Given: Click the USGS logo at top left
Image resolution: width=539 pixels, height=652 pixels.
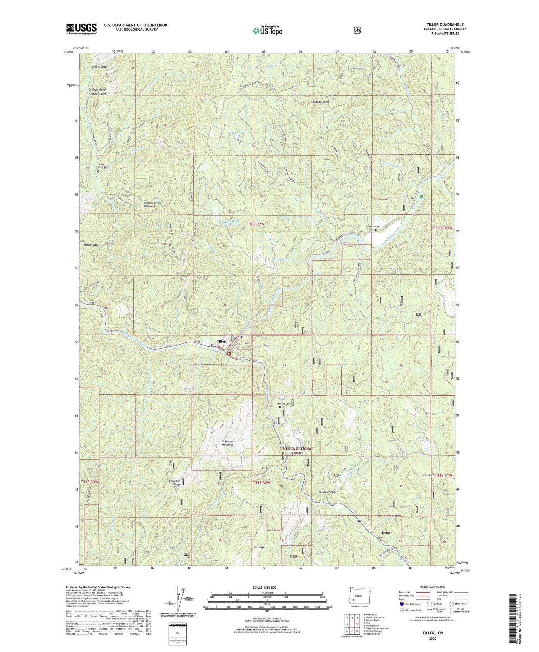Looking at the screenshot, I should click(82, 29).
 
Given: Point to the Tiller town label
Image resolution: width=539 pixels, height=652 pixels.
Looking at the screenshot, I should click(221, 341).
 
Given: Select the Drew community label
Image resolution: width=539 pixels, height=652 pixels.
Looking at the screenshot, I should click(386, 533).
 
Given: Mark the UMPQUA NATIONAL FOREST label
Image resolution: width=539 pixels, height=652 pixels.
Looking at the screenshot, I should click(297, 451).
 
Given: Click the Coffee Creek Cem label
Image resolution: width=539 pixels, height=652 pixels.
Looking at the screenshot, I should click(103, 166).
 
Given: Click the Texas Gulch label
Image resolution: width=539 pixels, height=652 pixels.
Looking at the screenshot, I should click(99, 67).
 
